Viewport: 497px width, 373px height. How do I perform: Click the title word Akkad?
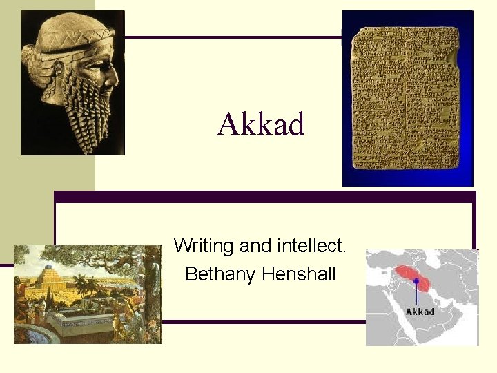click(x=261, y=125)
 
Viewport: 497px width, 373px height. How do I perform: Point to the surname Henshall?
click(x=299, y=274)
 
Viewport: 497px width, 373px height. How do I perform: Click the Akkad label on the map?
click(x=420, y=312)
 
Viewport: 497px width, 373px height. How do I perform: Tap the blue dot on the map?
click(x=416, y=281)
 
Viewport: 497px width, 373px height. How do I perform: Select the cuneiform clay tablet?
click(x=407, y=100)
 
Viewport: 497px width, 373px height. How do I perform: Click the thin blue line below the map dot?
click(x=416, y=294)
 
